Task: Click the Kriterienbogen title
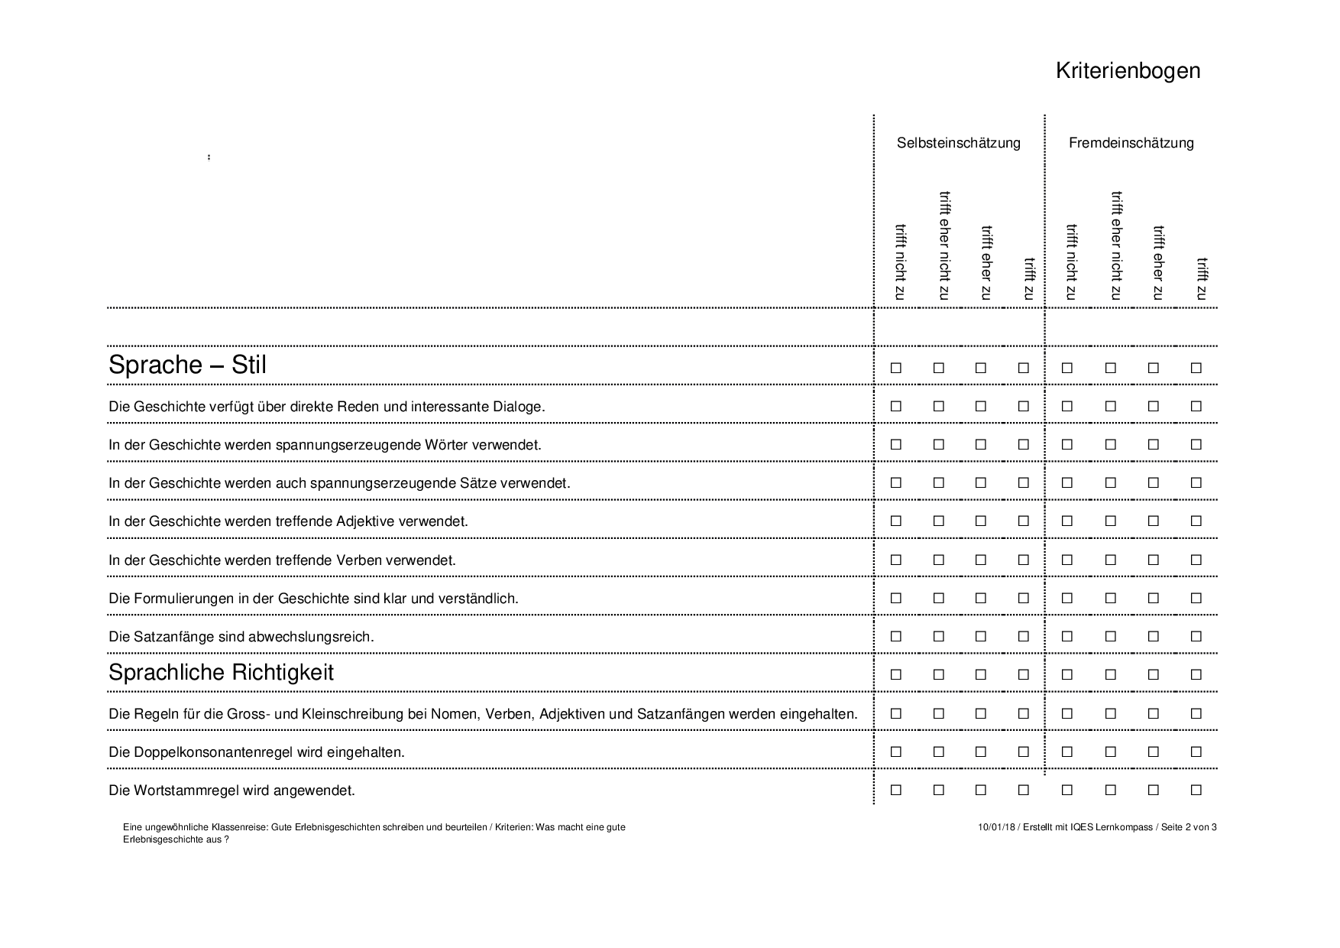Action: pos(1128,71)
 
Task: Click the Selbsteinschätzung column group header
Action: pos(958,143)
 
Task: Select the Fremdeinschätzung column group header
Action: pos(1131,143)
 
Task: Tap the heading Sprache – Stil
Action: pos(187,365)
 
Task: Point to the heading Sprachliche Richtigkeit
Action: pos(221,673)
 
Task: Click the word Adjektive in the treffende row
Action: pos(366,521)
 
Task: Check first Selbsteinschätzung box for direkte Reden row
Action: pos(896,407)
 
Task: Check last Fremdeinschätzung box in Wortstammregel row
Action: pos(1196,791)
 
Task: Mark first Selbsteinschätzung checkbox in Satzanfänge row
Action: pos(896,637)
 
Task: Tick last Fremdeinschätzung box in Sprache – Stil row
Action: pos(1196,368)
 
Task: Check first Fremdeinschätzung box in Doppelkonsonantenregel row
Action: pos(1067,752)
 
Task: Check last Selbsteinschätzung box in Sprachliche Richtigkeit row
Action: pos(1024,675)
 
